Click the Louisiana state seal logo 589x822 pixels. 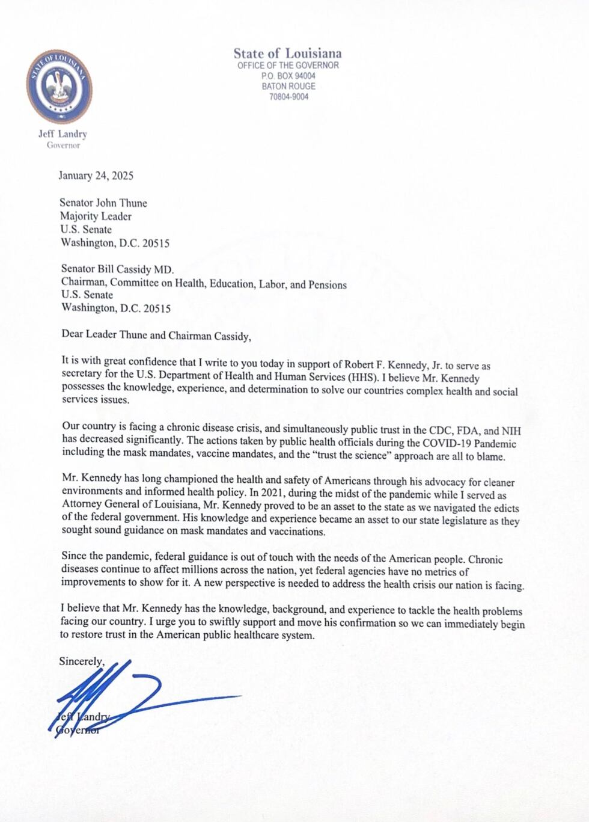pyautogui.click(x=59, y=86)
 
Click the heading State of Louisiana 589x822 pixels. pyautogui.click(x=287, y=54)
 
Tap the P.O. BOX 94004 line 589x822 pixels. pyautogui.click(x=288, y=76)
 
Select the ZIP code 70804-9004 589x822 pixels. pyautogui.click(x=288, y=96)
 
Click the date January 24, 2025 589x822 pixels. pyautogui.click(x=96, y=176)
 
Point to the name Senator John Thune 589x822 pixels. pyautogui.click(x=103, y=203)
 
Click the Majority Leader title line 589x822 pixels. pyautogui.click(x=96, y=216)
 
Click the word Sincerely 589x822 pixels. pyautogui.click(x=82, y=661)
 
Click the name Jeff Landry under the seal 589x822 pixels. pyautogui.click(x=63, y=134)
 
